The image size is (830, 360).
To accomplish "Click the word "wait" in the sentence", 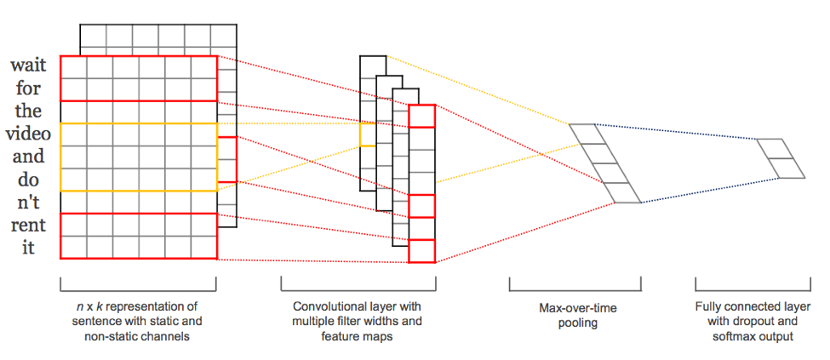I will click(29, 66).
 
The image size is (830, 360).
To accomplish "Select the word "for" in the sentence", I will click(29, 89).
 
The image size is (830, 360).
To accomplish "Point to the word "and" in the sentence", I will click(27, 157).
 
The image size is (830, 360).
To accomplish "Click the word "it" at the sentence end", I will click(29, 249).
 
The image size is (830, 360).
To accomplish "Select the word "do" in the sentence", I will click(29, 180).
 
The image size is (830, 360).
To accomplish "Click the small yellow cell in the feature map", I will click(367, 134).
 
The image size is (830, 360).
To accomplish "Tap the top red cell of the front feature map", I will click(421, 117).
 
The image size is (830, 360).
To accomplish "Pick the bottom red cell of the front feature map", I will click(421, 250).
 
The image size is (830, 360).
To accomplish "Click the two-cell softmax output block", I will click(781, 157).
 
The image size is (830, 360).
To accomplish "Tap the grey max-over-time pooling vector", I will click(604, 163).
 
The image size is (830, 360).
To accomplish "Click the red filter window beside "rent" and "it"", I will click(139, 236).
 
